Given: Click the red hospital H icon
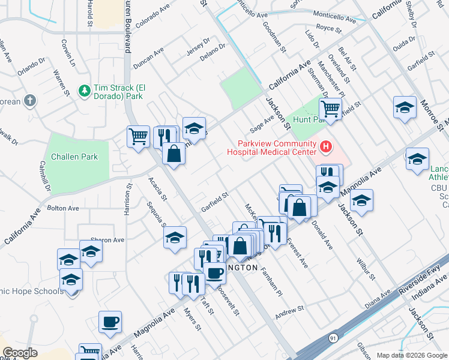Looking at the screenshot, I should (x=326, y=146).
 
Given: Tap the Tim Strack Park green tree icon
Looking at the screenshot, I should (x=85, y=90).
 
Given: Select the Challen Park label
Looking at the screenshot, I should (x=74, y=157).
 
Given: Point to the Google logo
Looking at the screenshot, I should (x=20, y=353).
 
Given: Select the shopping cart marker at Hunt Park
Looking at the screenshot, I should (x=330, y=109).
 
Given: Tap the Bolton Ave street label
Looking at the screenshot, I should (x=63, y=208).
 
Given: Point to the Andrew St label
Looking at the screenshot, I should (x=290, y=311).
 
